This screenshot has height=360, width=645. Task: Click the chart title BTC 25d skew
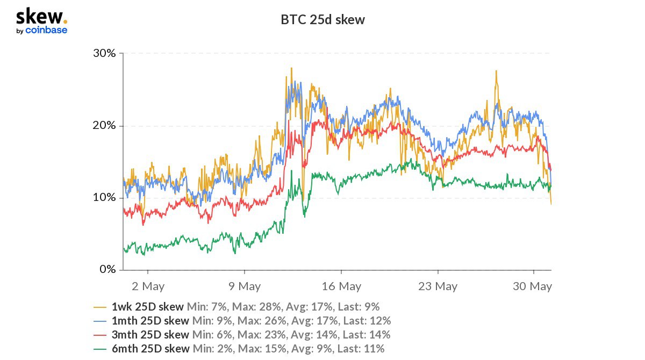click(x=322, y=20)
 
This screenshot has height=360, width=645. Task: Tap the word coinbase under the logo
click(x=46, y=31)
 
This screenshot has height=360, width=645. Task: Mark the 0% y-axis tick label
click(x=107, y=270)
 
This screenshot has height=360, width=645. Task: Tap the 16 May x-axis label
click(x=341, y=286)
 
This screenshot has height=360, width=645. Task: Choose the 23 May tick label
click(x=437, y=286)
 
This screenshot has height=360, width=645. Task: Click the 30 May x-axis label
click(x=533, y=286)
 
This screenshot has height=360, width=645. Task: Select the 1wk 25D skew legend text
click(x=148, y=307)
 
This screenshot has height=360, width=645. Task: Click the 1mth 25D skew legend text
click(x=150, y=321)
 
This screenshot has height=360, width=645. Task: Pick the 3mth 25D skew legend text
click(x=150, y=335)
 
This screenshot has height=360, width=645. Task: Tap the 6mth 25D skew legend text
click(x=150, y=349)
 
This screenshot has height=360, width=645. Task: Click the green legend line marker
click(x=100, y=349)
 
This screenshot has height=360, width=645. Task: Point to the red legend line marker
click(x=100, y=335)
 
